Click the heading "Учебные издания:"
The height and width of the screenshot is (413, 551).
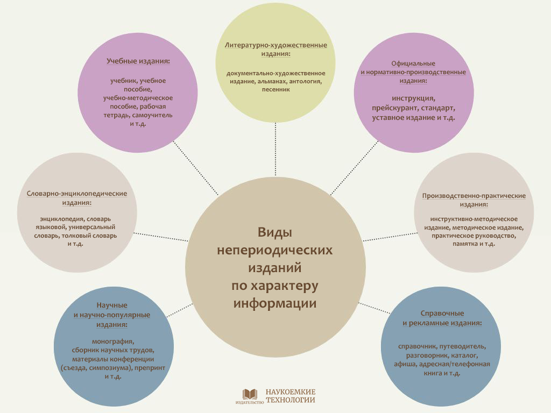[138, 61]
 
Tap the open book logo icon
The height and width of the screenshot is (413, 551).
[250, 394]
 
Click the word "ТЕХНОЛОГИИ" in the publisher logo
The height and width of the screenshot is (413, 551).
[291, 400]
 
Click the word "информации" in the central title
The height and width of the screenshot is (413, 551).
[275, 303]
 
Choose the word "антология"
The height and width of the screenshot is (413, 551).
[305, 81]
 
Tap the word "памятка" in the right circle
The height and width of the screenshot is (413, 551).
[465, 244]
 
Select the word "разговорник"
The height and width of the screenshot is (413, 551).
[419, 355]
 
